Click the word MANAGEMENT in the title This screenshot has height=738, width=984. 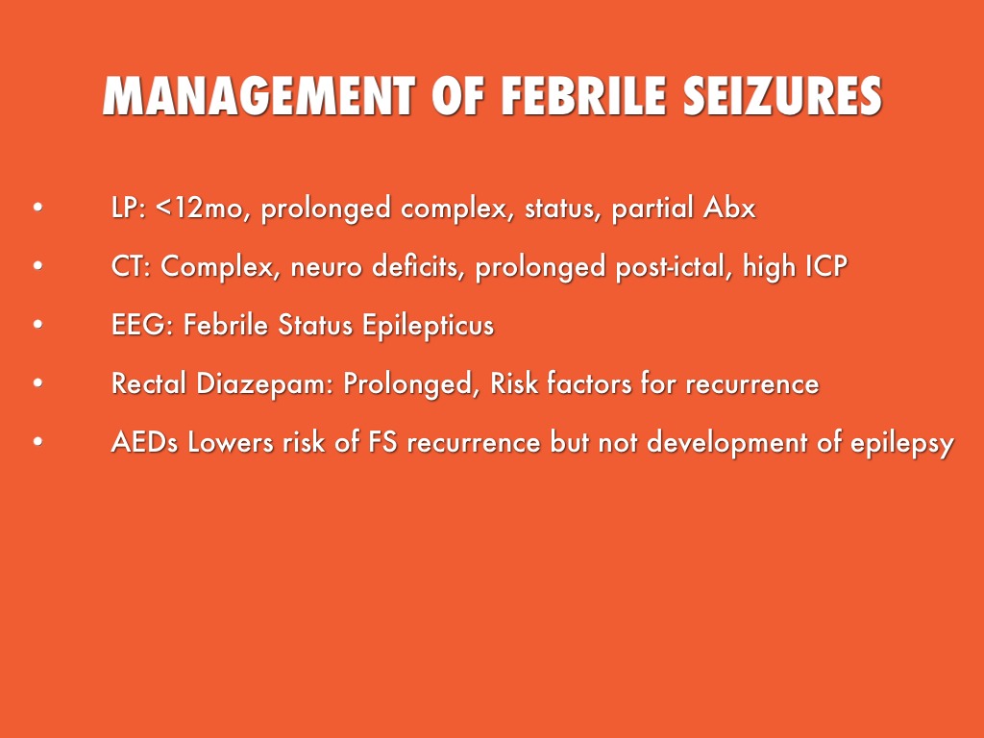point(259,96)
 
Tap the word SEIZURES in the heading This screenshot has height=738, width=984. point(782,96)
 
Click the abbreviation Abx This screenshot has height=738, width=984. point(729,208)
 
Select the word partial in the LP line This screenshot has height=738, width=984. point(652,209)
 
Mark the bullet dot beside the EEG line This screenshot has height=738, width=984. point(38,325)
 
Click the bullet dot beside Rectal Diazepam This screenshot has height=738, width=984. point(38,382)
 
